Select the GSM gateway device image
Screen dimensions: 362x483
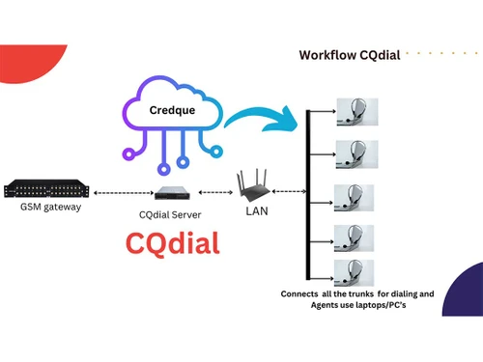(44, 188)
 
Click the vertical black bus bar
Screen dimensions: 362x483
(307, 193)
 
